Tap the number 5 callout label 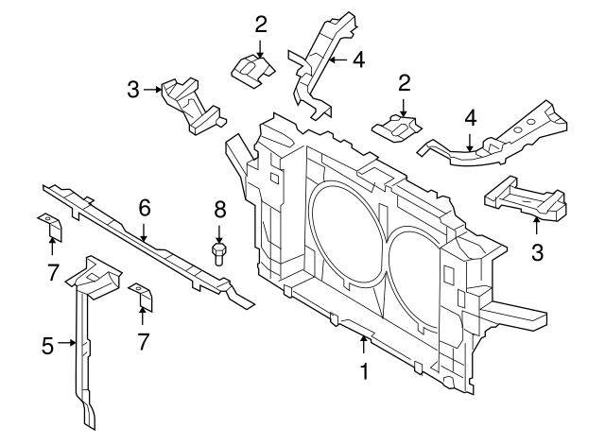coord(47,346)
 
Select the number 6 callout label coord(145,207)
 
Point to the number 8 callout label coord(219,208)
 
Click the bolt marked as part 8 coord(219,253)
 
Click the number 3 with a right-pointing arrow coord(133,90)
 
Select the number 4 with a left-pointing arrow coord(358,60)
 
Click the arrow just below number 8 coord(219,231)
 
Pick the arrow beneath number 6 coord(145,231)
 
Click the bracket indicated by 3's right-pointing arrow coord(194,101)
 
